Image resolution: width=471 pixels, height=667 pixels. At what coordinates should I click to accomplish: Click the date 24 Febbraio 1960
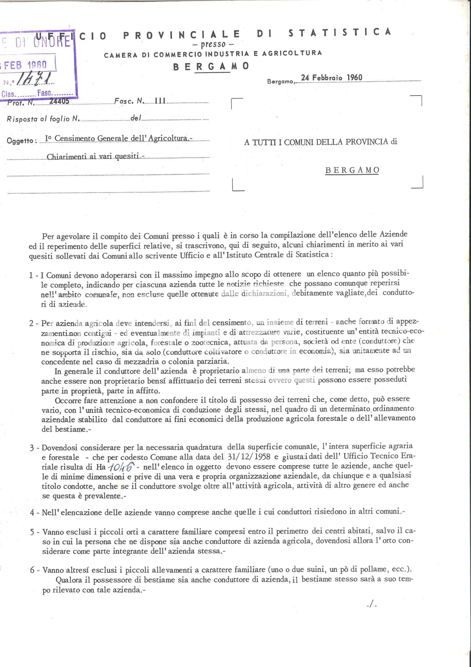pyautogui.click(x=332, y=78)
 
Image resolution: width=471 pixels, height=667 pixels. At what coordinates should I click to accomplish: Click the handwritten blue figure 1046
pyautogui.click(x=121, y=467)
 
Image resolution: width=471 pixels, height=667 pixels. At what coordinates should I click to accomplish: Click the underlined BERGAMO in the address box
pyautogui.click(x=352, y=170)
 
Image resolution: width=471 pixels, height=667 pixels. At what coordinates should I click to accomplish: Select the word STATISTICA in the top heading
pyautogui.click(x=340, y=33)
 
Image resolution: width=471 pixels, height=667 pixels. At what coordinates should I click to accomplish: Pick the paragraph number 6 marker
pyautogui.click(x=33, y=570)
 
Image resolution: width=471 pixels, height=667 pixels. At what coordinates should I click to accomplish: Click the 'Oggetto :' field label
pyautogui.click(x=22, y=141)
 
